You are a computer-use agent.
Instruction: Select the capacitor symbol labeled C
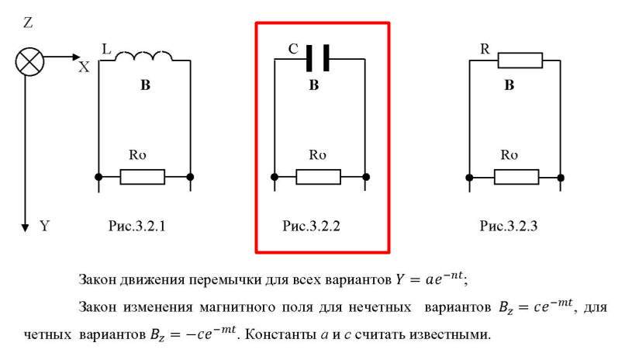tap(318, 57)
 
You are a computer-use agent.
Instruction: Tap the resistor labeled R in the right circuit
tap(520, 60)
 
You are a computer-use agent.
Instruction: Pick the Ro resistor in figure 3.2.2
tap(318, 177)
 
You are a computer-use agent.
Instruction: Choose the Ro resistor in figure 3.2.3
tap(516, 177)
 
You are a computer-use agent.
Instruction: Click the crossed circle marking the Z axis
tap(29, 61)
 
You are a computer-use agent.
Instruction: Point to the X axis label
tap(84, 67)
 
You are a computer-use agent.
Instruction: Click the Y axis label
tap(44, 227)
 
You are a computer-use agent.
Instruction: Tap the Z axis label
tap(28, 23)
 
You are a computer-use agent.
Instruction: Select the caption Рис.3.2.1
tap(138, 227)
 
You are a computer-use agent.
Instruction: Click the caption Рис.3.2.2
tap(312, 227)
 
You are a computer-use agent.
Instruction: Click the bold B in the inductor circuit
tap(145, 86)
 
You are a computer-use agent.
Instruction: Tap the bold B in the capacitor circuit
tap(313, 86)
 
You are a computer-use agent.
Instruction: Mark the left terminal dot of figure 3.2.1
tap(98, 177)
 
